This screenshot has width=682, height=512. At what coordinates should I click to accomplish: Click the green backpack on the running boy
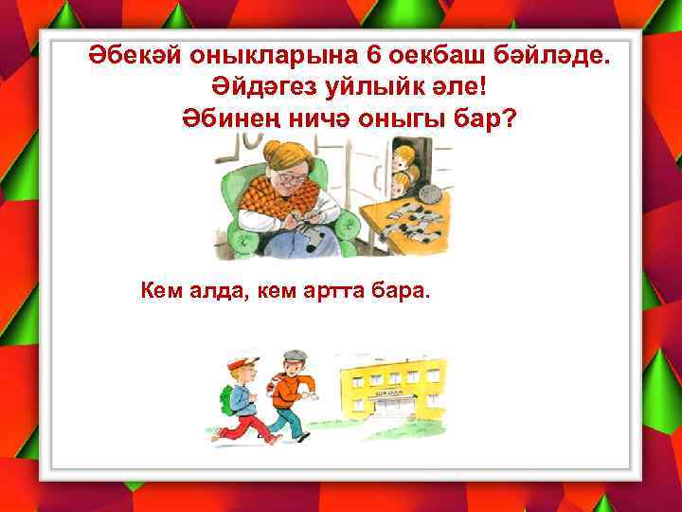226,399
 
